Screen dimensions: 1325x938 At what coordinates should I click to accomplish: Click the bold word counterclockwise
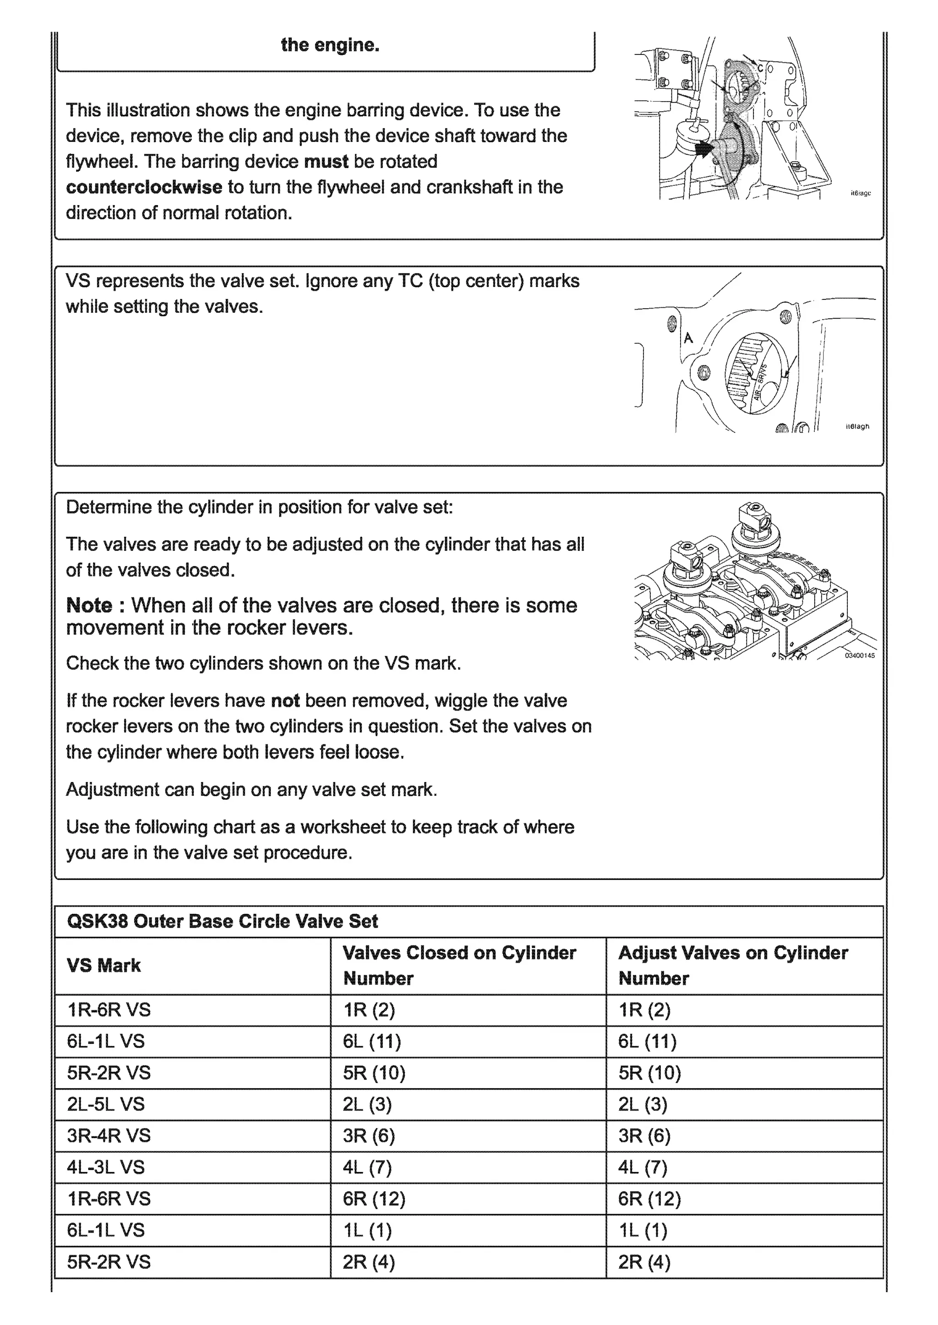coord(144,187)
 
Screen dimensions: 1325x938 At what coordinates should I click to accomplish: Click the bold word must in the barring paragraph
coord(326,161)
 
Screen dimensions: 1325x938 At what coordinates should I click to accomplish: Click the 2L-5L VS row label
coord(106,1104)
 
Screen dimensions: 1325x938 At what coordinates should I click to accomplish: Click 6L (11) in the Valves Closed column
coord(371,1041)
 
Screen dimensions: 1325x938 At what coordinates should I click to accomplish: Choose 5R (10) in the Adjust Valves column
coord(649,1073)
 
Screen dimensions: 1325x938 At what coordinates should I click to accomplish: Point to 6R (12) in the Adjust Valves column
coord(649,1199)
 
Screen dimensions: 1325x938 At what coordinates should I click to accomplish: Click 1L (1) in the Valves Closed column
coord(367,1230)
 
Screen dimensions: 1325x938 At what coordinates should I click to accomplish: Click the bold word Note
coord(89,605)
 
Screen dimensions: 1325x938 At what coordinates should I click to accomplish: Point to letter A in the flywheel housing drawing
coord(688,338)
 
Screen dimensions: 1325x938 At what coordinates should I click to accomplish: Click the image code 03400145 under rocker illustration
coord(859,655)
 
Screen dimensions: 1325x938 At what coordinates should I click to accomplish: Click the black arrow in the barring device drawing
coord(704,150)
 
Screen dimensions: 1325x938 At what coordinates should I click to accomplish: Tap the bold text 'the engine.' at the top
coord(330,45)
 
